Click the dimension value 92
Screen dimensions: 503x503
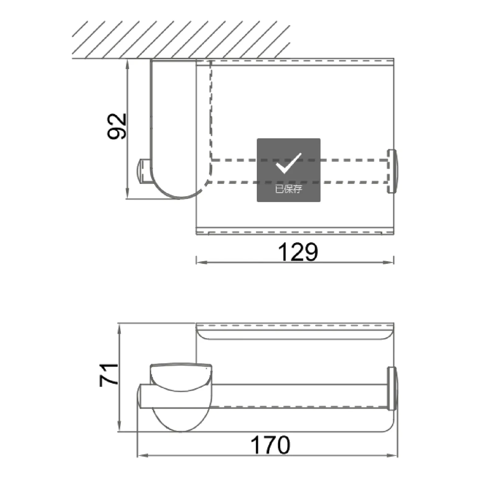click(x=117, y=126)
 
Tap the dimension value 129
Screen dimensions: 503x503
click(x=298, y=252)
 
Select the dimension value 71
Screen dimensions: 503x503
click(x=109, y=375)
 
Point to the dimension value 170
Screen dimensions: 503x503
click(x=270, y=445)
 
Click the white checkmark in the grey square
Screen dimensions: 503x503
click(x=288, y=163)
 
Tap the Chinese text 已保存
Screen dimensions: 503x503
click(x=288, y=189)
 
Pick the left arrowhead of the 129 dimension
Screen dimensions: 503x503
click(x=202, y=262)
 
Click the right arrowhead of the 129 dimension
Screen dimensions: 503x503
click(x=388, y=262)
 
